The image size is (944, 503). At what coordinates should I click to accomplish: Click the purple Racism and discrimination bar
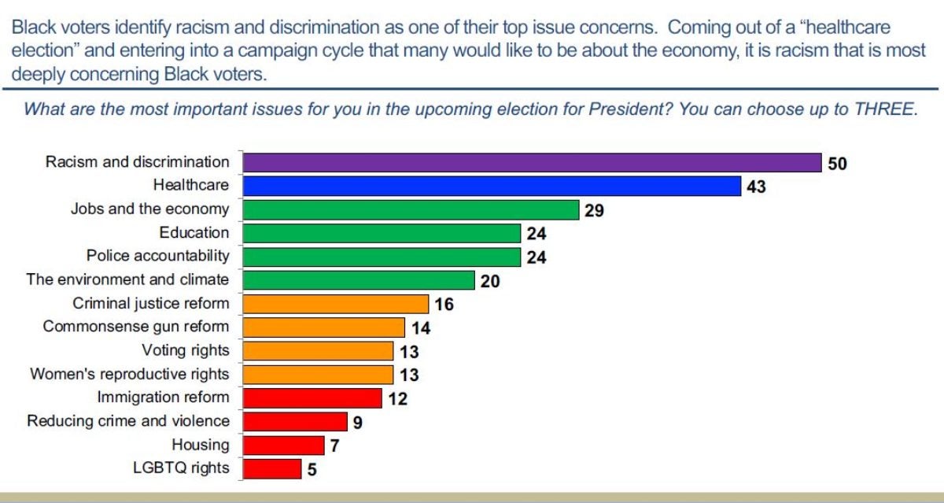point(532,162)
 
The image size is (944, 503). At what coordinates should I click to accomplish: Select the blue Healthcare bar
point(492,186)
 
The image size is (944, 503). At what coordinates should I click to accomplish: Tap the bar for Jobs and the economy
point(411,209)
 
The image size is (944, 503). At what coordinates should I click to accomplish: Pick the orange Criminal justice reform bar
point(336,304)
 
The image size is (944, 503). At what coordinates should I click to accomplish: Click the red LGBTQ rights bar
point(272,468)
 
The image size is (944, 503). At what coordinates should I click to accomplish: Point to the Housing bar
point(283,445)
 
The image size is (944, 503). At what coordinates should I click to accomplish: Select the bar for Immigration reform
point(312,398)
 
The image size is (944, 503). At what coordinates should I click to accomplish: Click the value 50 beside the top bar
point(837,164)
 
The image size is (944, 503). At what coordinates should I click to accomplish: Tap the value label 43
point(756,187)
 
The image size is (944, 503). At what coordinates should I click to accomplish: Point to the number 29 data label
point(594,211)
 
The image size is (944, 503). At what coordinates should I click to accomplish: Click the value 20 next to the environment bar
point(490,281)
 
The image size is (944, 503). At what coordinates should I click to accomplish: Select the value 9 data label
point(357,423)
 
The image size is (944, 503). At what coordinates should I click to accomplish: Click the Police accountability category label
point(157,256)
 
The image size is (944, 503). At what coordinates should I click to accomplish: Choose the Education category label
point(194,232)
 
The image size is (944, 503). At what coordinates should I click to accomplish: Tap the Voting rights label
point(186,350)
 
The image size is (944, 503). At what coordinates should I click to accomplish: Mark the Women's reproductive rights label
point(130,374)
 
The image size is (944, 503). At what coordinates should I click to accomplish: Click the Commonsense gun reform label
point(136,327)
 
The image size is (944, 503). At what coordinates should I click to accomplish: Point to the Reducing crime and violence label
point(128,421)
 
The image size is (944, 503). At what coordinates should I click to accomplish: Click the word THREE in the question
point(885,109)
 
